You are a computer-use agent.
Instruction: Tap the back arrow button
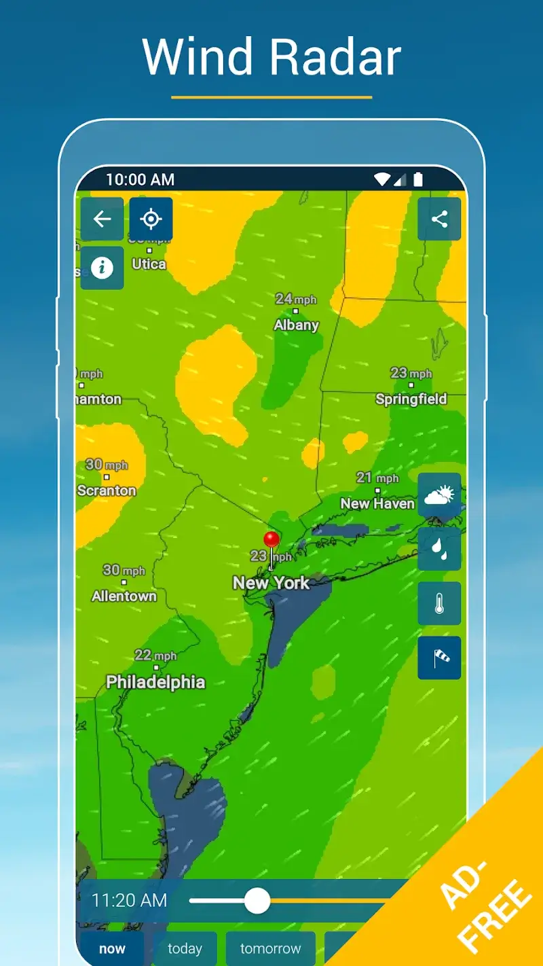pos(102,219)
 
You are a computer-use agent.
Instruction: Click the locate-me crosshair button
pos(151,219)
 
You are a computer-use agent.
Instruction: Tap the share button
pos(439,219)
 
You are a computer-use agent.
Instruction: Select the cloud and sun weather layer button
pos(439,495)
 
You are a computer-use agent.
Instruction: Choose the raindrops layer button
pos(439,549)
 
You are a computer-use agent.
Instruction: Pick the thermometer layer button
pos(439,603)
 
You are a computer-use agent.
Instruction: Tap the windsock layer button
pos(439,658)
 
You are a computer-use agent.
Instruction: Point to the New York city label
pos(271,583)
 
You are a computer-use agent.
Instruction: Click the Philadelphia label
pos(155,681)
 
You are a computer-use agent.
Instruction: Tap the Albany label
pos(296,325)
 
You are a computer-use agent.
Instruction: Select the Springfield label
pos(411,399)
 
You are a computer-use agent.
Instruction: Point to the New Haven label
pos(377,503)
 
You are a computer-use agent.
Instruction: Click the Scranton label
pos(107,490)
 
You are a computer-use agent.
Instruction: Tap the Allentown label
pos(124,596)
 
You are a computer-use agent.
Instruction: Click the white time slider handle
pos(257,901)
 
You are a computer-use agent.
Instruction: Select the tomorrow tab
pos(270,948)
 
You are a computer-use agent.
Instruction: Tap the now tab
pos(113,948)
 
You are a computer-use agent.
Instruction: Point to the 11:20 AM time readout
pos(129,901)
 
